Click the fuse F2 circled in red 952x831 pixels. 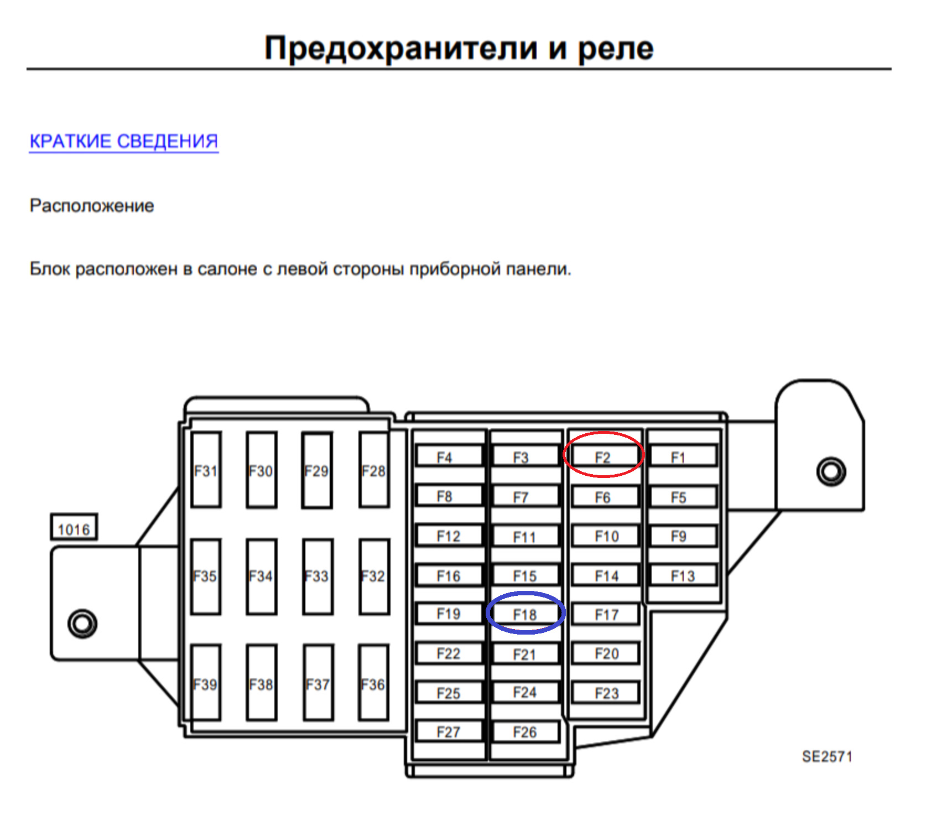click(x=603, y=457)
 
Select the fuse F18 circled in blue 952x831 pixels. click(x=525, y=614)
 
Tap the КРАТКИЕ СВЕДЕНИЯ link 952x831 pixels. click(x=124, y=141)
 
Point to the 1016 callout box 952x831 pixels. click(x=74, y=529)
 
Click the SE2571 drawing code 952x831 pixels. click(x=827, y=756)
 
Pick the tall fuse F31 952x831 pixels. click(x=206, y=470)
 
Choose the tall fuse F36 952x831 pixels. click(x=373, y=684)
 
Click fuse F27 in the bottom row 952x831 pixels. click(x=449, y=731)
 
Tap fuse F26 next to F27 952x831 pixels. click(x=525, y=731)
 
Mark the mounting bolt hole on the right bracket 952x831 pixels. click(x=831, y=471)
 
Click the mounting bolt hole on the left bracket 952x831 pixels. click(x=82, y=623)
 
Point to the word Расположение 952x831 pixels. click(x=92, y=206)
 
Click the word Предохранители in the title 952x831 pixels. click(x=400, y=49)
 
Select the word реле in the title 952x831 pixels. click(x=615, y=49)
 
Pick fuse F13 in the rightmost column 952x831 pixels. click(x=683, y=575)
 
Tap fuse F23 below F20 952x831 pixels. click(x=606, y=693)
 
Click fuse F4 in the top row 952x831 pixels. click(x=449, y=457)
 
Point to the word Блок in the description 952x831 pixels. click(x=49, y=269)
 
